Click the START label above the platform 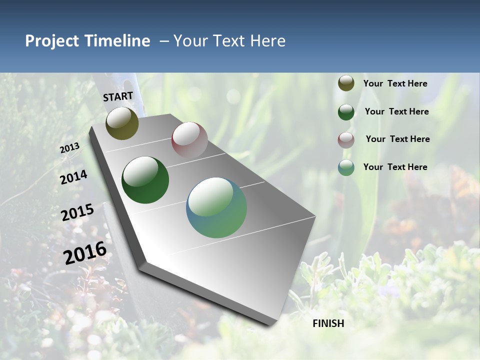click(x=118, y=96)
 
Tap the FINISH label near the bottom click(x=328, y=323)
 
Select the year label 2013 click(x=69, y=148)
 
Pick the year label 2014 click(x=73, y=177)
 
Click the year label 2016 click(x=85, y=253)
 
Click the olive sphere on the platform click(x=122, y=123)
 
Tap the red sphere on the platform click(x=189, y=140)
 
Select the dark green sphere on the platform click(x=145, y=180)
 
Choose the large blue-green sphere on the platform click(x=216, y=207)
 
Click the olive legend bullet click(x=346, y=83)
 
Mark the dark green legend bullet click(x=346, y=112)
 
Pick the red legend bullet click(x=346, y=140)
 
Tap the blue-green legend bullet click(x=346, y=167)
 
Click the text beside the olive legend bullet click(x=395, y=84)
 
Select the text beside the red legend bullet click(x=397, y=139)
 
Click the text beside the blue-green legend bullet click(x=395, y=167)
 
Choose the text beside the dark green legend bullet click(x=396, y=111)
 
